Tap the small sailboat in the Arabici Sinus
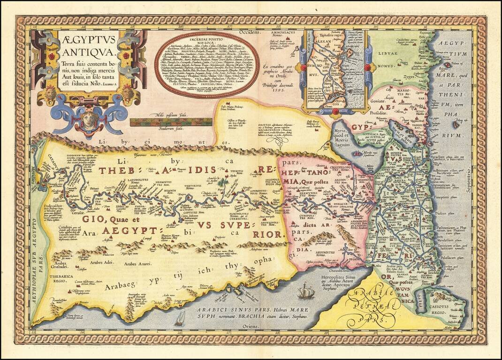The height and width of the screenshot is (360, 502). click(180, 319)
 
